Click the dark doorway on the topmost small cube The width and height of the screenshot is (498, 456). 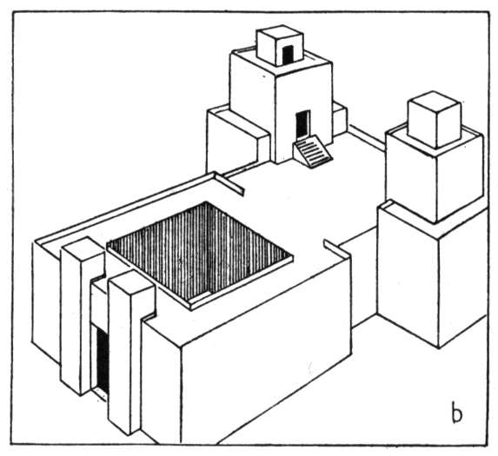pos(288,54)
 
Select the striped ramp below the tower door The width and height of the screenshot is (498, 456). pos(313,150)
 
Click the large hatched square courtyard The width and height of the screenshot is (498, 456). pos(200,252)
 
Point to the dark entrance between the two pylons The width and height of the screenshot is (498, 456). pos(103,360)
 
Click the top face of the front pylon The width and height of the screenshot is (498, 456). pos(131,281)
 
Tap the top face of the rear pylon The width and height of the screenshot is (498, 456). pos(83,247)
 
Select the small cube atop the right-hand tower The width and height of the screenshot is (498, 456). pos(435,120)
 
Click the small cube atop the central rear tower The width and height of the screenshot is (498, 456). pos(280,45)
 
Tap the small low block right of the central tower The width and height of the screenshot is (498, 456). pos(340,118)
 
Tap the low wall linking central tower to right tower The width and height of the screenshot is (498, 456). pos(367,137)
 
